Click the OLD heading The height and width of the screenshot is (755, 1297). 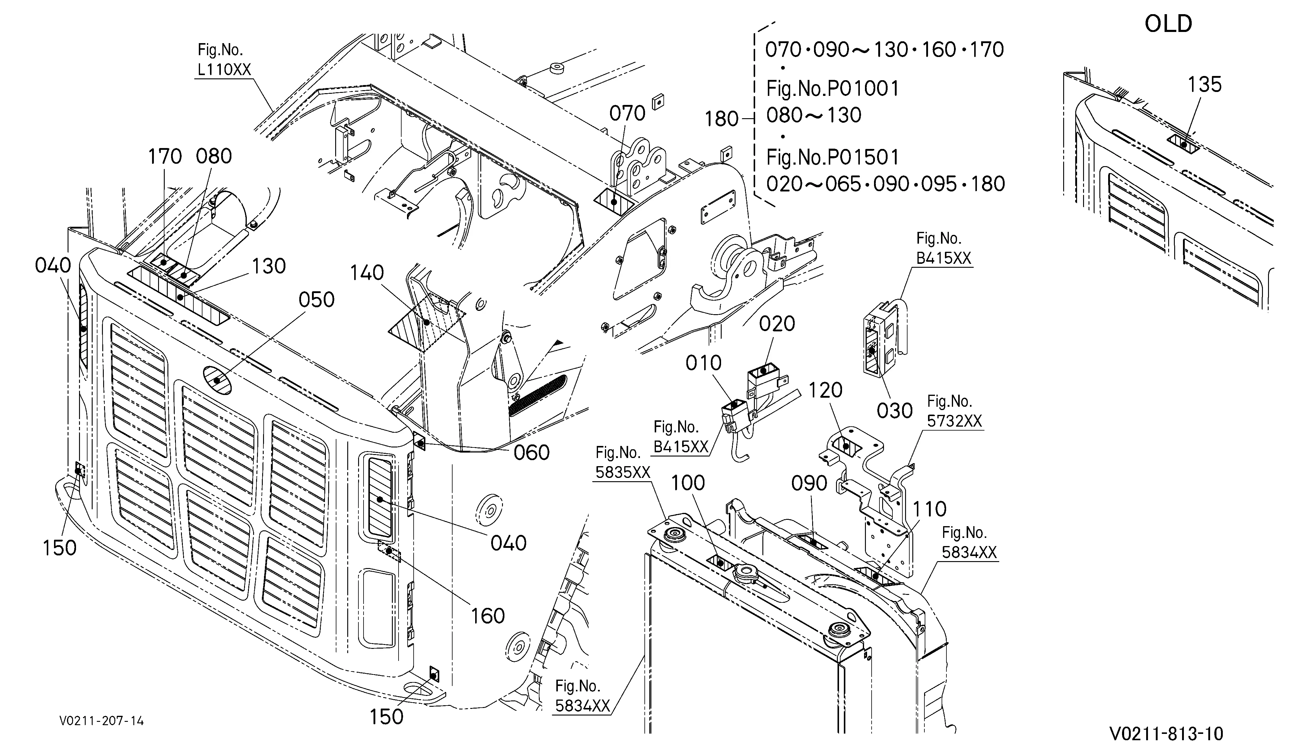[1168, 24]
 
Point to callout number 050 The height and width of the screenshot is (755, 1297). [316, 299]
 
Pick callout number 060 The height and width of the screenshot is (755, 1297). [532, 453]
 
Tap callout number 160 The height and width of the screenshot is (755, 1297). [488, 616]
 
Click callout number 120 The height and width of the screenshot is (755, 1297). [825, 390]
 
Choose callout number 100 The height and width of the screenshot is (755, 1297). [689, 483]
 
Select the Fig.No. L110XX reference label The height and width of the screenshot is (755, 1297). [224, 60]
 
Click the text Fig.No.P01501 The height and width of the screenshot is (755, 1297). [832, 157]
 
